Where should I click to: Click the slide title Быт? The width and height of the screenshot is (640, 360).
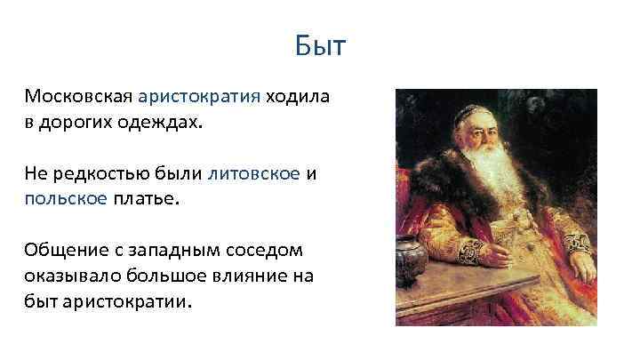pyautogui.click(x=320, y=45)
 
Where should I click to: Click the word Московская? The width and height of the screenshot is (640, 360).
pyautogui.click(x=78, y=96)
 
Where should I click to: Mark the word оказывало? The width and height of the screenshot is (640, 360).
pyautogui.click(x=73, y=276)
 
